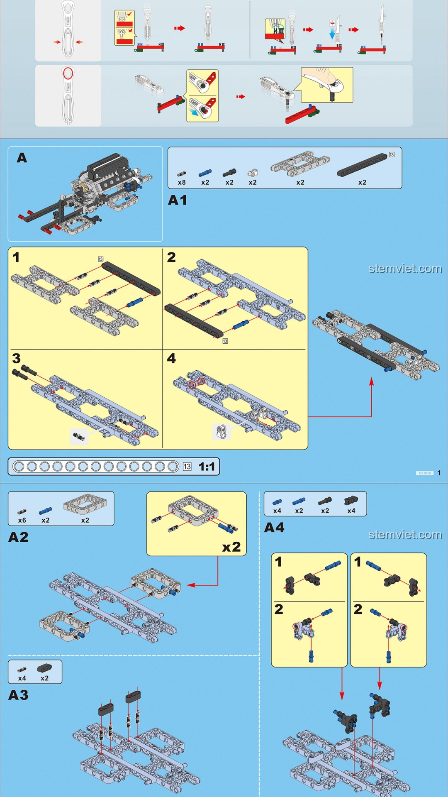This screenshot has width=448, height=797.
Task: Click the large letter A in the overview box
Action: point(22,158)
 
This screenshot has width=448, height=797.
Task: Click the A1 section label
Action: point(178,200)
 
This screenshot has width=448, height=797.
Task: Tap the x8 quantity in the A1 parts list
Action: point(182,183)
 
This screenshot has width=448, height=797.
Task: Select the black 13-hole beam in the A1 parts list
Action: point(362,164)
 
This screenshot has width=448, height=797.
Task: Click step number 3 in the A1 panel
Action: point(17,358)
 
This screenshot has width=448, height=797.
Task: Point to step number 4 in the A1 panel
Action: point(171,358)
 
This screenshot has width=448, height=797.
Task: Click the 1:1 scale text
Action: point(207,467)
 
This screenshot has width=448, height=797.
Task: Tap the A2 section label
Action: point(19,537)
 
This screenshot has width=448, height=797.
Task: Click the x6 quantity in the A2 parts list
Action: point(22,521)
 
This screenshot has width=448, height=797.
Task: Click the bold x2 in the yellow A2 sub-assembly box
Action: point(231,547)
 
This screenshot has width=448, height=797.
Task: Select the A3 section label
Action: point(19,695)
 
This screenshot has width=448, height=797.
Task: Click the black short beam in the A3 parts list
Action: point(44,668)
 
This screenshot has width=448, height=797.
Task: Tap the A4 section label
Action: point(274,528)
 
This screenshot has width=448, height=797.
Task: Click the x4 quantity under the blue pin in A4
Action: point(277,511)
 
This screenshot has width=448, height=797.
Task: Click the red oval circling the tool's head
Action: point(68,73)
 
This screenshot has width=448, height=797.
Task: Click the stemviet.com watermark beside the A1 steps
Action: point(405,269)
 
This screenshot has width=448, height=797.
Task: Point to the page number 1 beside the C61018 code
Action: point(439,473)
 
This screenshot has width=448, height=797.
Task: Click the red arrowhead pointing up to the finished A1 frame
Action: point(372,381)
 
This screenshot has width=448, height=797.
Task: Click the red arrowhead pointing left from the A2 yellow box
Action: point(191,585)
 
